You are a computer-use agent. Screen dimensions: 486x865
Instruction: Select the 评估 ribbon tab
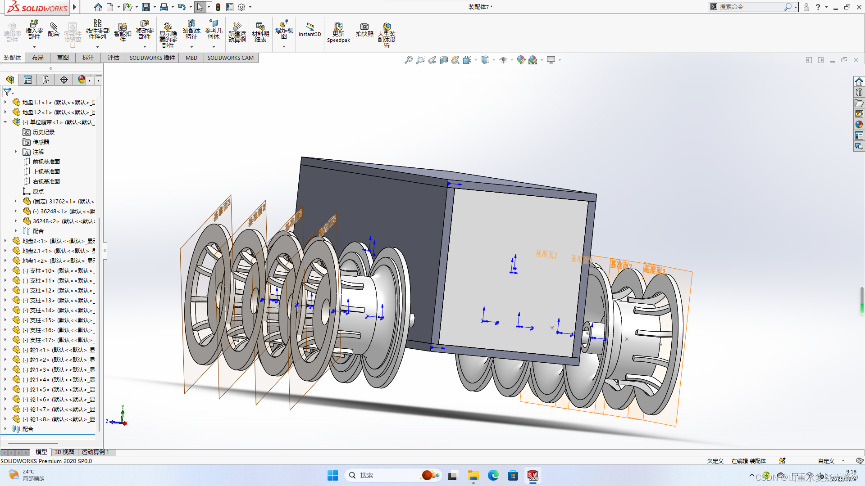[x=113, y=58]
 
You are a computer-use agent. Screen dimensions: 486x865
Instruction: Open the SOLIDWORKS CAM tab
[x=230, y=58]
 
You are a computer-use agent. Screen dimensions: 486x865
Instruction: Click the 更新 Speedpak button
[x=338, y=32]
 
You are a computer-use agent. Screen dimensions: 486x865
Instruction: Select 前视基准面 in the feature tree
[x=46, y=162]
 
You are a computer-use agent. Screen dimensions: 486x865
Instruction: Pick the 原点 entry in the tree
[x=38, y=191]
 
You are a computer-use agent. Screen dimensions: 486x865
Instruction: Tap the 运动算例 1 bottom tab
[x=95, y=452]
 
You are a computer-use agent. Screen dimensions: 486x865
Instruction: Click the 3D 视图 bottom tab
[x=64, y=452]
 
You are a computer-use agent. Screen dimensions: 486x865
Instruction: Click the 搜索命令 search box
[x=750, y=7]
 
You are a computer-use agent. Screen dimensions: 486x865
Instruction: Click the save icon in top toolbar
[x=146, y=7]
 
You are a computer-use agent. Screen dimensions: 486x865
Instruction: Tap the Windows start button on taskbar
[x=332, y=475]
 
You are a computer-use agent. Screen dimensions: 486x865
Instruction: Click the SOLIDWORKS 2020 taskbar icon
[x=533, y=475]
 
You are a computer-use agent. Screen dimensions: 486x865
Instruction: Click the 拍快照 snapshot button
[x=364, y=29]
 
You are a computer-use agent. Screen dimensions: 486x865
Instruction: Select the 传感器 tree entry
[x=41, y=142]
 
